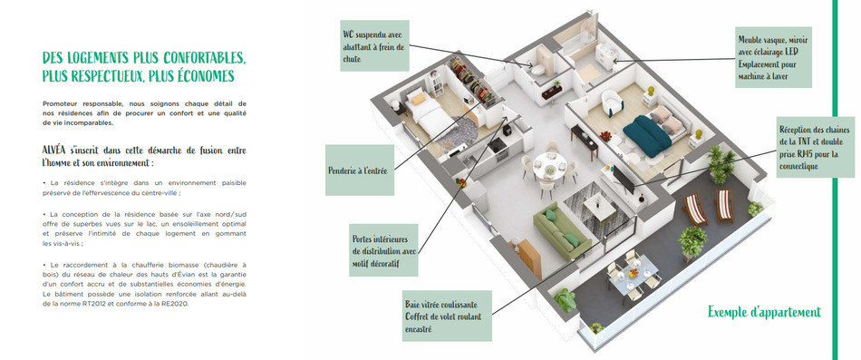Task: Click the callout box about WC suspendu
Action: pyautogui.click(x=374, y=45)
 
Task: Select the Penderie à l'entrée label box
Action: pyautogui.click(x=360, y=170)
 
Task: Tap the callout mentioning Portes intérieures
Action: pyautogui.click(x=383, y=250)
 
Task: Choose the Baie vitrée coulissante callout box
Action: pyautogui.click(x=447, y=316)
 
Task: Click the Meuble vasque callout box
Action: pyautogui.click(x=773, y=57)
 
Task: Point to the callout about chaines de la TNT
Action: pyautogui.click(x=816, y=147)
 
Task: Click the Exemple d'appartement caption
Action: pyautogui.click(x=764, y=312)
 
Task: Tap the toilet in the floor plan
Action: pyautogui.click(x=537, y=69)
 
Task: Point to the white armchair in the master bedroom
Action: pyautogui.click(x=611, y=102)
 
